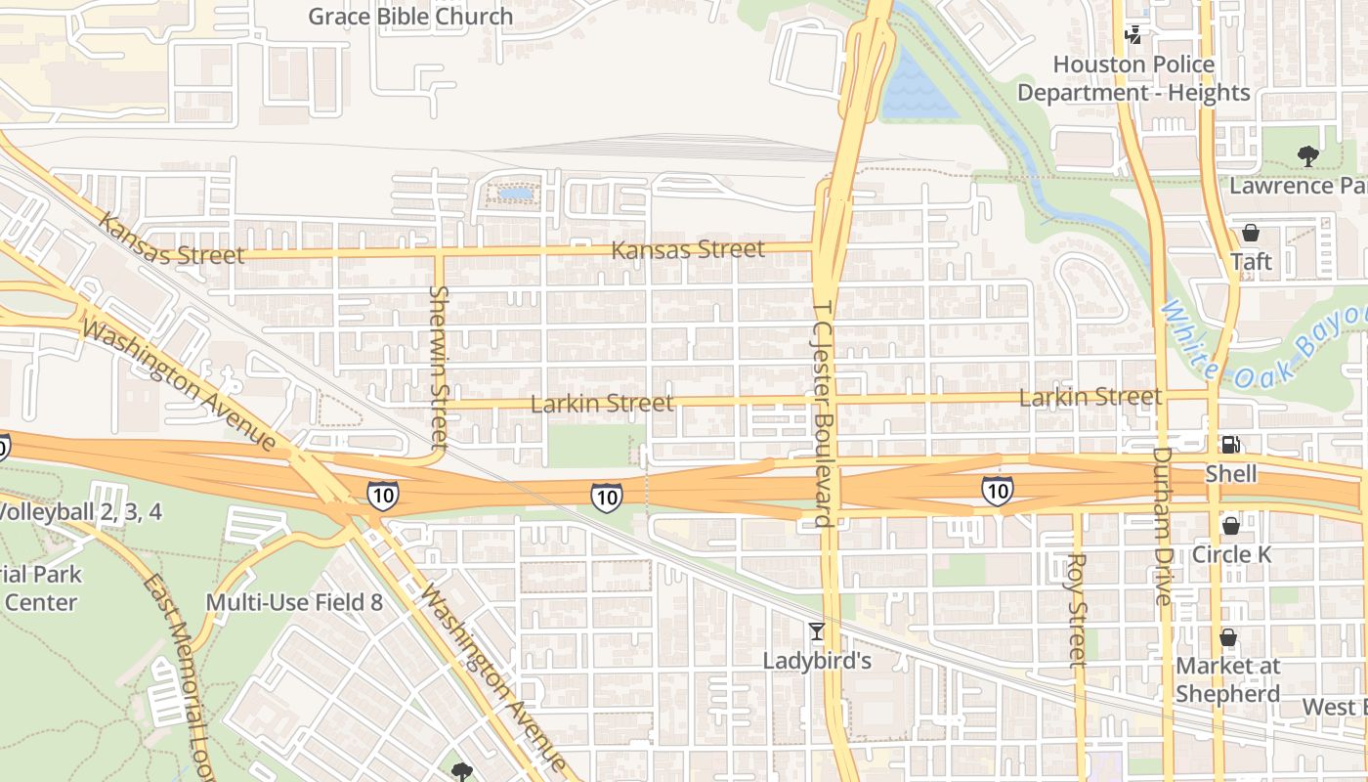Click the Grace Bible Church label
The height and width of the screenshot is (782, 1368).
click(x=410, y=17)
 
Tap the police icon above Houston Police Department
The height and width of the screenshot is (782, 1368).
click(x=1133, y=35)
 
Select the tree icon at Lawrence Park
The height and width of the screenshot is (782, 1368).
click(x=1307, y=155)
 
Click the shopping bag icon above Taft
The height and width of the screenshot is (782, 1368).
click(x=1250, y=233)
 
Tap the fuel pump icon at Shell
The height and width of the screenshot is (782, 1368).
click(x=1231, y=445)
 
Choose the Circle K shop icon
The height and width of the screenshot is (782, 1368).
click(x=1231, y=526)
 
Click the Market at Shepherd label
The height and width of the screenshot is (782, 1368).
click(x=1227, y=679)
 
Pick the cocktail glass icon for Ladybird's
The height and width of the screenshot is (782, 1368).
click(x=817, y=631)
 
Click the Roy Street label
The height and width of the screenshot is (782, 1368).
click(x=1077, y=611)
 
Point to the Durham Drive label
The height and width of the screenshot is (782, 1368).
click(x=1162, y=526)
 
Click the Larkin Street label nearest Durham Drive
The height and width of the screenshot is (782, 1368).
click(x=1090, y=397)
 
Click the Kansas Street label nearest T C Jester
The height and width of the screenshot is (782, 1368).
click(x=688, y=250)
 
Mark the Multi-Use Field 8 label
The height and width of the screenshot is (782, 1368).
click(x=294, y=602)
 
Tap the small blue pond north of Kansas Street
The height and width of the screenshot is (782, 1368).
click(x=515, y=195)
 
